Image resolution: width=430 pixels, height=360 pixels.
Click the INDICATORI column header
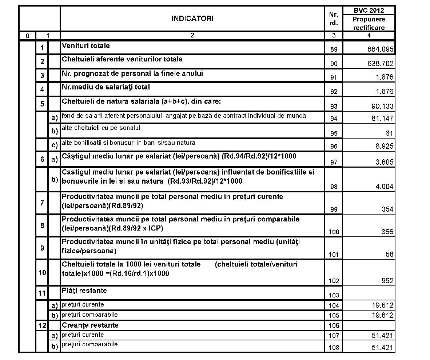tap(192, 19)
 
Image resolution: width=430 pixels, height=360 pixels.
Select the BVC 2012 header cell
tap(369, 10)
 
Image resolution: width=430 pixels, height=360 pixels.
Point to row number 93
tap(334, 107)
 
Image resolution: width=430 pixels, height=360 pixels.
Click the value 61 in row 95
tap(389, 133)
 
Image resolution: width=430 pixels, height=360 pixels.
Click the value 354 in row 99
tap(387, 209)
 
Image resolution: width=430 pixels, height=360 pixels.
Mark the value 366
tap(387, 232)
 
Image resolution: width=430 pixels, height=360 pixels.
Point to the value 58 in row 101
tap(389, 255)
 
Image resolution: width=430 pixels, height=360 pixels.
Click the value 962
tap(387, 281)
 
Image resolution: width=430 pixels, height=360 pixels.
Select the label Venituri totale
tap(86, 46)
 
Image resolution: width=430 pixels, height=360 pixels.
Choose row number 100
tap(334, 232)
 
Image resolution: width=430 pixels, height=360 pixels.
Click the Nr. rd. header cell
tap(334, 19)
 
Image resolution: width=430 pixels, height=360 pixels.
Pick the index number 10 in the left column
tap(42, 272)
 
